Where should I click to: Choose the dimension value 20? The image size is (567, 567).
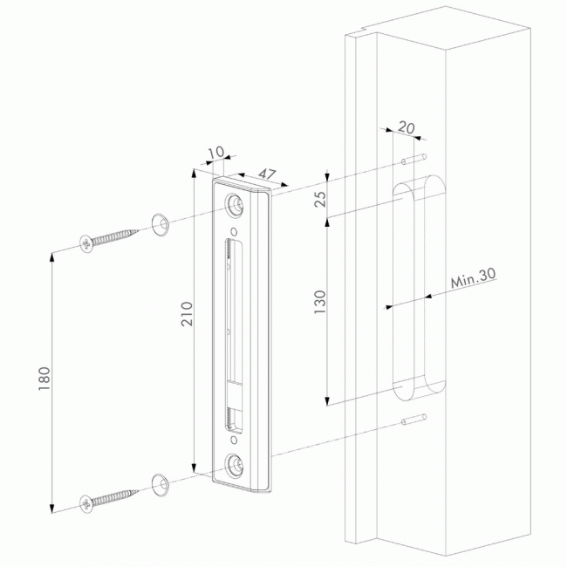click(x=406, y=126)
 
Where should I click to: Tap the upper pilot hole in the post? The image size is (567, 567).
click(x=409, y=161)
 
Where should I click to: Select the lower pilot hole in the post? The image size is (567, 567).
click(x=410, y=421)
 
